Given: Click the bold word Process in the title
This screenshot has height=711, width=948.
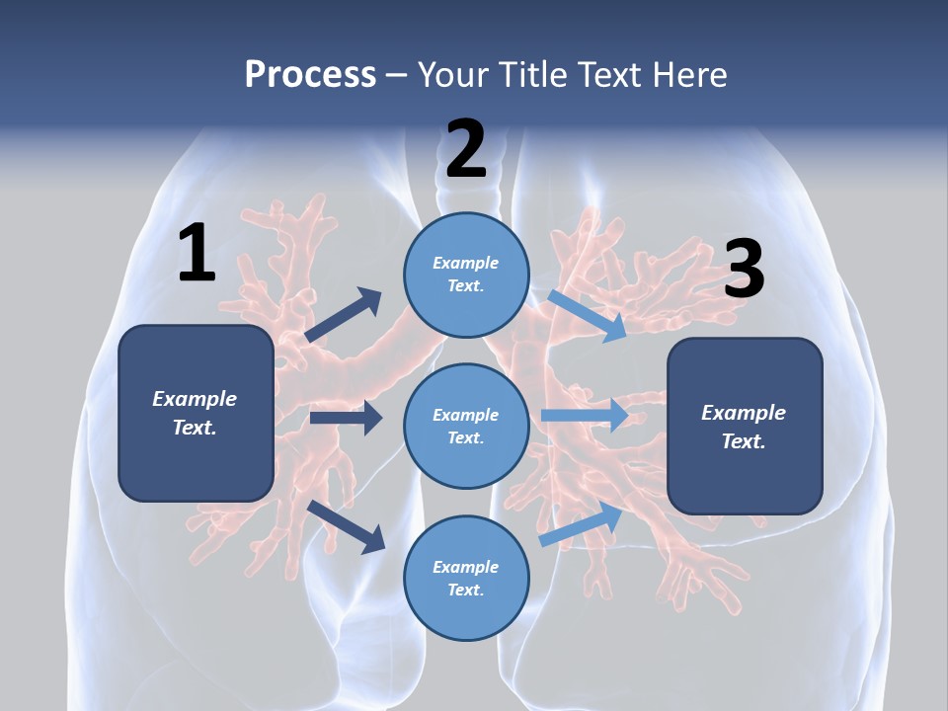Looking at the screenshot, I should coord(310,74).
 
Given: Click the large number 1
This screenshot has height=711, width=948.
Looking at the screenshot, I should coord(197,254).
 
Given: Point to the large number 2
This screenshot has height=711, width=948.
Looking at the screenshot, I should coord(466,150).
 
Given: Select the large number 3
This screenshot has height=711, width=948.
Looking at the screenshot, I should coord(744,270).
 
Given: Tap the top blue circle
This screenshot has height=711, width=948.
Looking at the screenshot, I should coord(466,274).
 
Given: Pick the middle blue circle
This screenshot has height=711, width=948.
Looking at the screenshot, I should coord(466,426).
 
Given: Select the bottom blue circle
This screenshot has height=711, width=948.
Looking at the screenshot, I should coord(466,578).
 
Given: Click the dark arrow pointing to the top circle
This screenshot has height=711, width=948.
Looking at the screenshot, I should coord(344,315).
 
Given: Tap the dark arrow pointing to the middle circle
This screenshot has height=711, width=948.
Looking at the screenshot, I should coord(346,418).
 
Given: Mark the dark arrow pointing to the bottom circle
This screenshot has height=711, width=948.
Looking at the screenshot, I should coord(347,526).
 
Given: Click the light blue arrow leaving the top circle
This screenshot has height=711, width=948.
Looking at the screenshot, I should coord(588,315).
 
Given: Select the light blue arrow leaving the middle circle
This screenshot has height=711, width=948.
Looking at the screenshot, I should coord(585,415).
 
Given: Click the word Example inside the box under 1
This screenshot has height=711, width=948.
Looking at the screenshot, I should coord(195,399).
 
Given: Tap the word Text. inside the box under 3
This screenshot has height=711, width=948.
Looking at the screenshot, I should coord(744,441).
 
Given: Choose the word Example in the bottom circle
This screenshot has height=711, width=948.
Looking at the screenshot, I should coord(466,567).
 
